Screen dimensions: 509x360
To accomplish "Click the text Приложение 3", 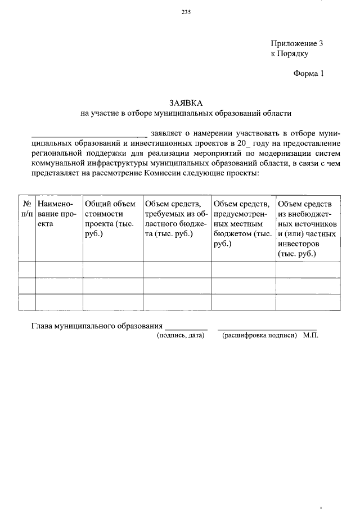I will (297, 43).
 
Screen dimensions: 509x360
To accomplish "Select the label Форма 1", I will (309, 73).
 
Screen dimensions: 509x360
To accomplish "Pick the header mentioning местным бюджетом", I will (243, 224).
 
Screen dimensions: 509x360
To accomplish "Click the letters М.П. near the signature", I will (310, 335).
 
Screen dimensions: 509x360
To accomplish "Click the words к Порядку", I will (290, 54).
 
